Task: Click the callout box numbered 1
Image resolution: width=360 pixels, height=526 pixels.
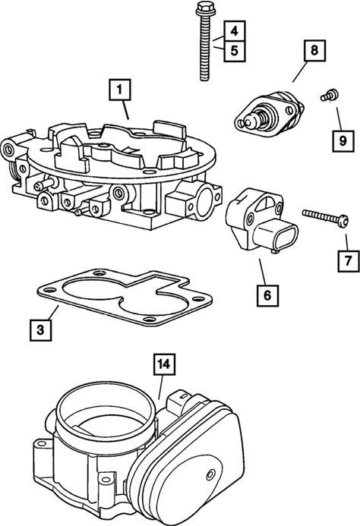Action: tap(119, 90)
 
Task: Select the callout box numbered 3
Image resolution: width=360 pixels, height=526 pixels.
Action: tap(41, 330)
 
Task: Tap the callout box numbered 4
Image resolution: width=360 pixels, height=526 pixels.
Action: tap(235, 31)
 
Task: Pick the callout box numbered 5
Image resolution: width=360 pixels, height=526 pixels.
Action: tap(235, 51)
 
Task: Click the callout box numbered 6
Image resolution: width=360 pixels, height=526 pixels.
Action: tap(267, 295)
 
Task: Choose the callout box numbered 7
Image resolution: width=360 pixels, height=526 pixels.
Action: tap(348, 260)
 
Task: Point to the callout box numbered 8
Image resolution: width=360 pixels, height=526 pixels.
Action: tap(314, 51)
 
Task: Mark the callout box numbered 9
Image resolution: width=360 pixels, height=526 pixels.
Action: tap(343, 141)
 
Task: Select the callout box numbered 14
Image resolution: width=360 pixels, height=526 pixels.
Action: tap(164, 364)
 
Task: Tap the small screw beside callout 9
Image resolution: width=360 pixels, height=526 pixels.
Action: tap(329, 95)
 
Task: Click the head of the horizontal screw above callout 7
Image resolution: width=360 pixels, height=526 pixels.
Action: tap(343, 221)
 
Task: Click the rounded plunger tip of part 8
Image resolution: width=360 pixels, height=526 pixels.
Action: tap(249, 121)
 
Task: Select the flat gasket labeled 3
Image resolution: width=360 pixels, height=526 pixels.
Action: tap(125, 298)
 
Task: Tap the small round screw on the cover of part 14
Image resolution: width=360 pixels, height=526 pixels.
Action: tap(210, 474)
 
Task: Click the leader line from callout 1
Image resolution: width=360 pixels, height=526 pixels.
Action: tap(125, 110)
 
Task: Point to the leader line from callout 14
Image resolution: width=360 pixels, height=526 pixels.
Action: tap(161, 387)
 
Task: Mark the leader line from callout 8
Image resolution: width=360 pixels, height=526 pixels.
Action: tap(299, 71)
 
